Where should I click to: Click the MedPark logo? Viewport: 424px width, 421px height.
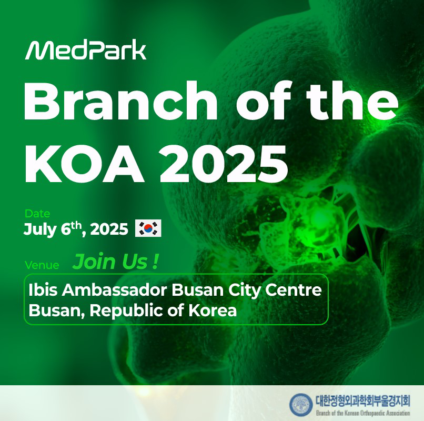click(x=86, y=50)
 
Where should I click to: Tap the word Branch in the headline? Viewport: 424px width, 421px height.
click(x=120, y=100)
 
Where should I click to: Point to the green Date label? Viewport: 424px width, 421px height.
click(x=37, y=214)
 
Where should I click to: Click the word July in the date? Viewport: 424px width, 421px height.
click(x=40, y=229)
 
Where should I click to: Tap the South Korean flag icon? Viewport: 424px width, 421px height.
click(x=148, y=228)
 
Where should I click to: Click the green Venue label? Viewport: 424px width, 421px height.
click(x=42, y=265)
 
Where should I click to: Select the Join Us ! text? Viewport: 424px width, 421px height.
click(x=115, y=262)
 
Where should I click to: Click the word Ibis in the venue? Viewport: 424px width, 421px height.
click(x=43, y=290)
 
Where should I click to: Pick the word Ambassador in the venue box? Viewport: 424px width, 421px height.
click(x=114, y=290)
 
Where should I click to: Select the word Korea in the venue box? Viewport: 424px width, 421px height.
click(x=213, y=310)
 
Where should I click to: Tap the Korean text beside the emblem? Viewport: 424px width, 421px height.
click(x=363, y=400)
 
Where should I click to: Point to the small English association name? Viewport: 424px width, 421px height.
click(x=363, y=413)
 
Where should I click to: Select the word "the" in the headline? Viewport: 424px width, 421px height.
click(x=352, y=100)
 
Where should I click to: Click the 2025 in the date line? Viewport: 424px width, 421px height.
click(x=109, y=229)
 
